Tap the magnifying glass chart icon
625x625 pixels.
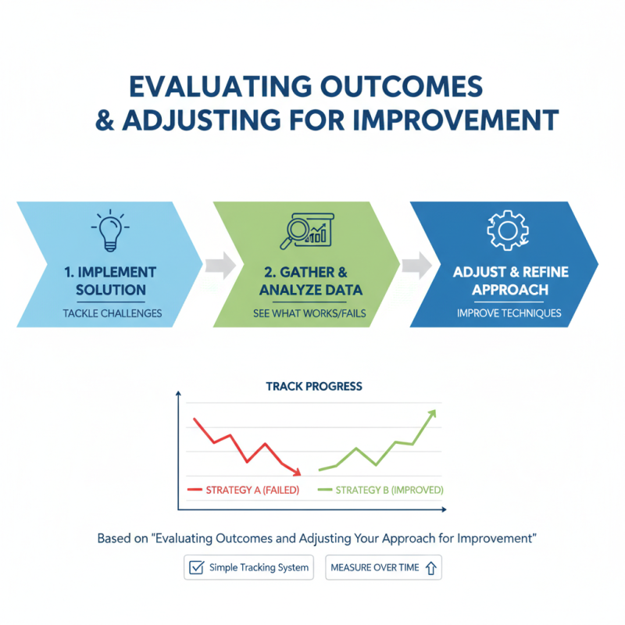tap(306, 230)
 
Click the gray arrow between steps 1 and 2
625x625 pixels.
tap(220, 265)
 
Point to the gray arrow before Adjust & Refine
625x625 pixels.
tap(416, 265)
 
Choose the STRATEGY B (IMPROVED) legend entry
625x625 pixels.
tap(382, 490)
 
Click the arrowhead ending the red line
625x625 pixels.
tap(297, 472)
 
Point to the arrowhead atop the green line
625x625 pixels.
tap(432, 412)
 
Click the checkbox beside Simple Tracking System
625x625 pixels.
tap(197, 568)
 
